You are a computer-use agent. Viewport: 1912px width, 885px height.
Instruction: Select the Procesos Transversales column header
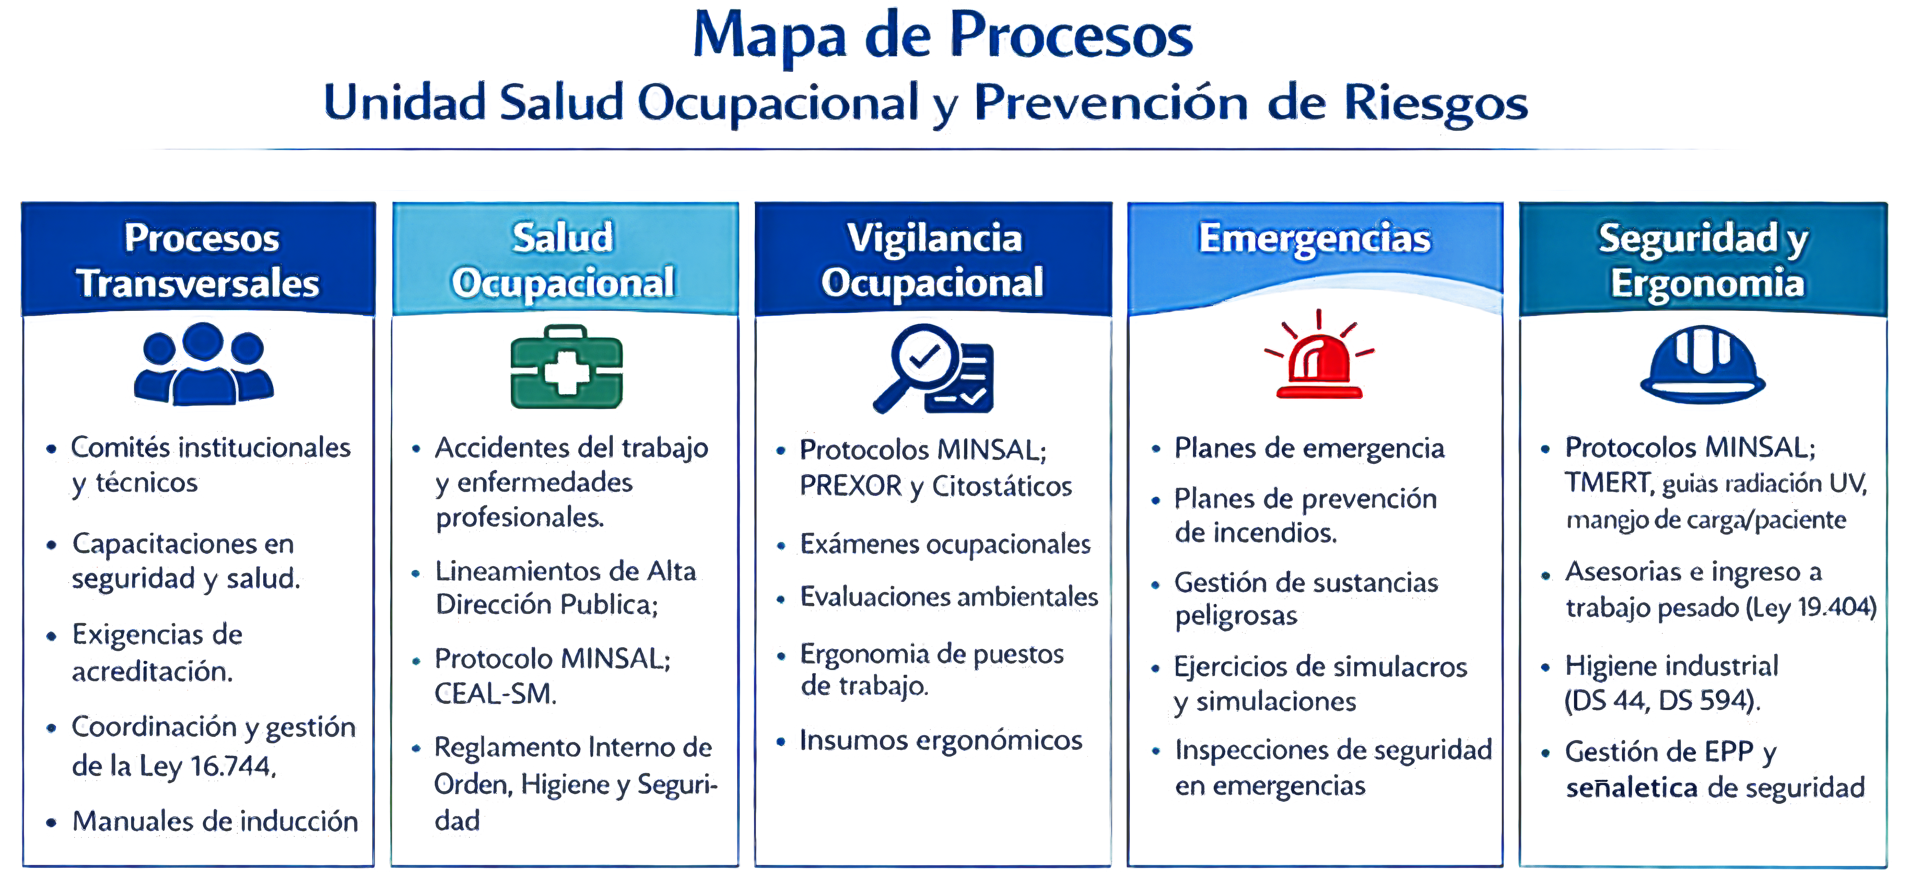point(199,260)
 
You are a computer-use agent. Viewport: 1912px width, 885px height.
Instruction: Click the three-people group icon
point(203,364)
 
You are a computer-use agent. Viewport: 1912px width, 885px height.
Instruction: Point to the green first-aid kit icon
point(566,366)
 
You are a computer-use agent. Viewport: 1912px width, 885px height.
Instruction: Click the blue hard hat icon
point(1703,364)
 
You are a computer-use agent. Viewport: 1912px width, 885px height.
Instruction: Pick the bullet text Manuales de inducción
point(215,821)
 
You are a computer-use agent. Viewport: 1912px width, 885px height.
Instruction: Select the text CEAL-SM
point(495,694)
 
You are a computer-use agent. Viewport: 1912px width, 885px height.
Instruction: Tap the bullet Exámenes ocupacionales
point(945,544)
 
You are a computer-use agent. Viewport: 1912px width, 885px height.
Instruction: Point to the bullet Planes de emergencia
point(1309,448)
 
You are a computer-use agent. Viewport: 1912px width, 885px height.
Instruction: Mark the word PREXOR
point(850,486)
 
